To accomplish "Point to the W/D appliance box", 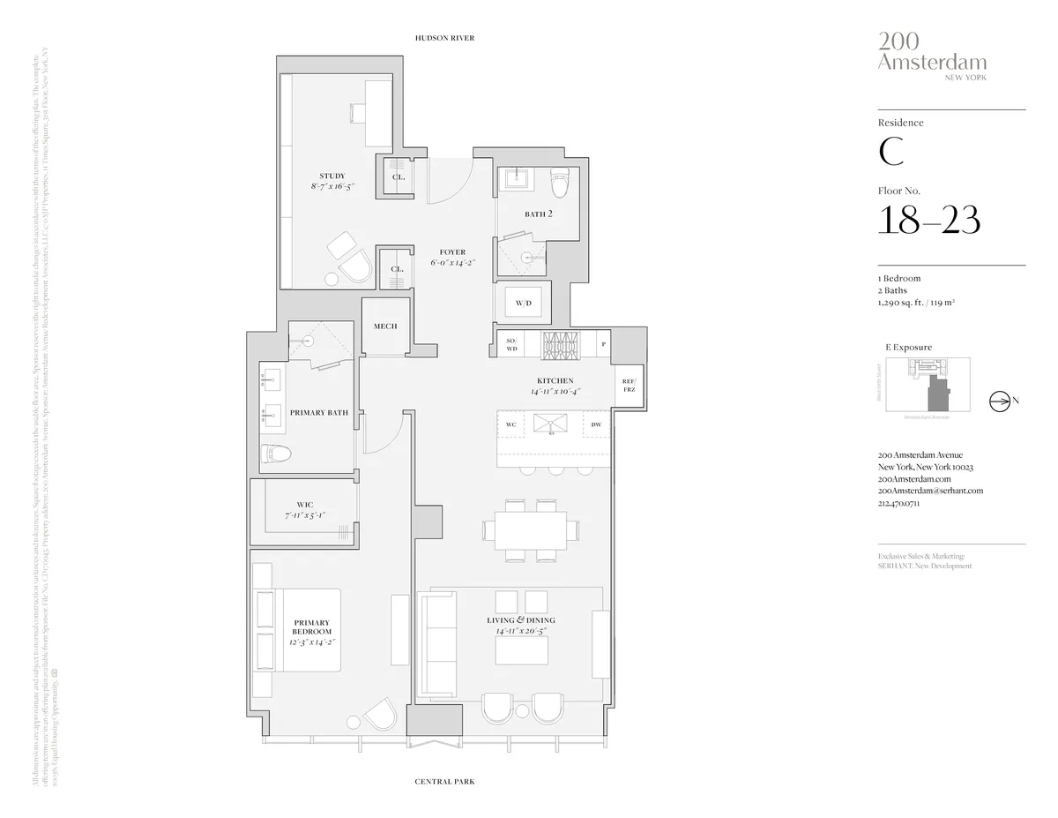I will (524, 304).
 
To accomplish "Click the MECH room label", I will (385, 326).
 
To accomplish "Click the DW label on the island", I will (596, 424).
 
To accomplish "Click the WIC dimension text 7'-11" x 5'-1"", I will (305, 514).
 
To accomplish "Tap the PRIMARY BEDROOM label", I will (312, 632).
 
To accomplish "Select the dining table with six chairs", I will (532, 529).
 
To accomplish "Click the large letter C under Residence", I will (890, 152).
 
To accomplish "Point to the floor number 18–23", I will (928, 219).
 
